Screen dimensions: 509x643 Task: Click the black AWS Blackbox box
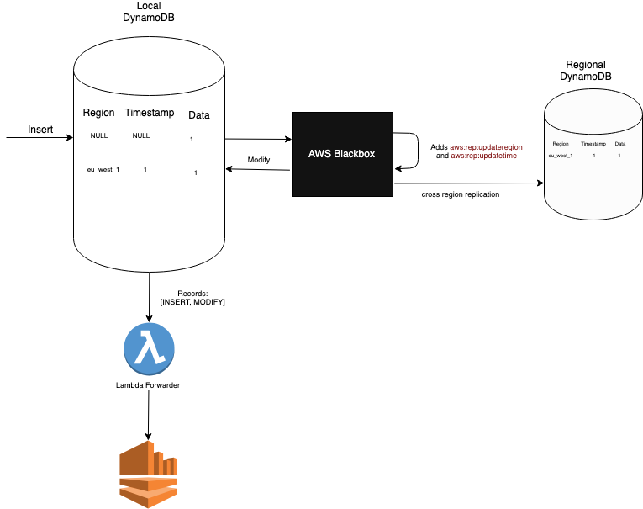[342, 154]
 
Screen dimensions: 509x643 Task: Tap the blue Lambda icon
[149, 347]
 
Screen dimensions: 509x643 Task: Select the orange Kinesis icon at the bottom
[149, 475]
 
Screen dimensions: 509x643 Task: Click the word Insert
[40, 130]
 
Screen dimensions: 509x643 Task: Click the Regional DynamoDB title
[586, 71]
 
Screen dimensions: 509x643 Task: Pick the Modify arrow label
[259, 160]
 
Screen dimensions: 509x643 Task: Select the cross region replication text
[461, 194]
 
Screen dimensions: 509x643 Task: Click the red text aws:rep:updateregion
[486, 147]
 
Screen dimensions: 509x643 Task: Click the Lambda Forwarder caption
[148, 385]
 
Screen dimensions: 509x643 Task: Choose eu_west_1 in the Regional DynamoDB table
[561, 156]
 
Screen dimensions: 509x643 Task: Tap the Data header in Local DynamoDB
[198, 114]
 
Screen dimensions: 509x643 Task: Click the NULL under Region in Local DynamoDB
[99, 135]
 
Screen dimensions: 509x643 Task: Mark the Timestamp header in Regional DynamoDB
[593, 145]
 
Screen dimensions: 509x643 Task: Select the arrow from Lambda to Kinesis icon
[149, 416]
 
